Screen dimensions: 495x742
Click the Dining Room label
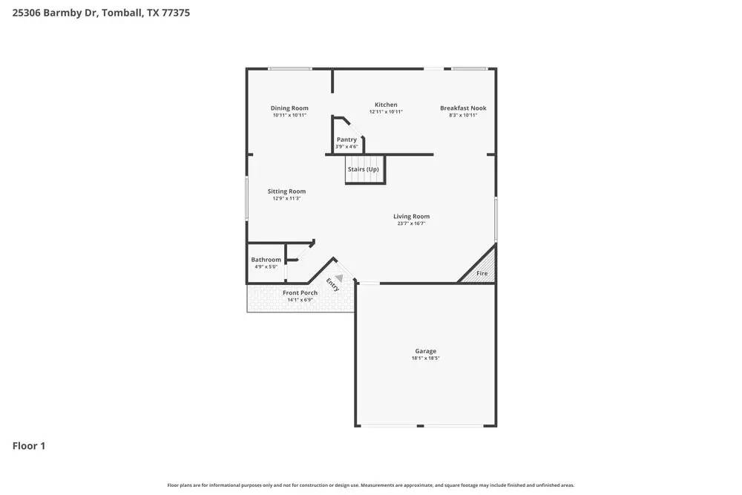click(x=289, y=108)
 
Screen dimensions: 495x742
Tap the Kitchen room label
click(x=386, y=105)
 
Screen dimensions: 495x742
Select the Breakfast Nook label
click(x=463, y=108)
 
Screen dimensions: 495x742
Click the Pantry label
click(x=347, y=140)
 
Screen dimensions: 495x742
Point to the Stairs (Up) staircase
click(x=364, y=170)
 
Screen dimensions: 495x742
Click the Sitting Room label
click(x=286, y=191)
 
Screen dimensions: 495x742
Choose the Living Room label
click(x=412, y=217)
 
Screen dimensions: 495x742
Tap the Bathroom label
click(x=266, y=260)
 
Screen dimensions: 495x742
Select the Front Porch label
click(x=300, y=293)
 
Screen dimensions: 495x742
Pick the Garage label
click(x=425, y=351)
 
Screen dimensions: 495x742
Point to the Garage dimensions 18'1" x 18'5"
click(x=425, y=358)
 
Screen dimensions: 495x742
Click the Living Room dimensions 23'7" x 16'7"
click(x=412, y=223)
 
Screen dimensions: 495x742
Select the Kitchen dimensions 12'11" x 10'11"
click(x=386, y=112)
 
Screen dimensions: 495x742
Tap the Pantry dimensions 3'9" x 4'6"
click(x=347, y=147)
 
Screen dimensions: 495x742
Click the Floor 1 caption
click(x=29, y=446)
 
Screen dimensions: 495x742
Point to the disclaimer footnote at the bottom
click(x=370, y=485)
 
